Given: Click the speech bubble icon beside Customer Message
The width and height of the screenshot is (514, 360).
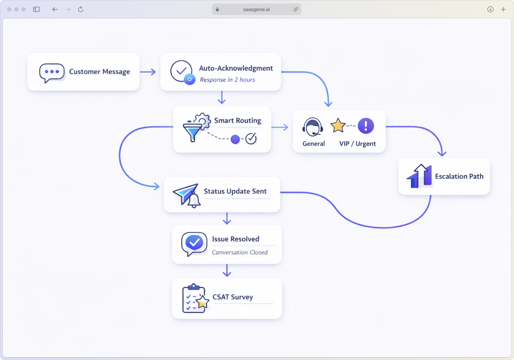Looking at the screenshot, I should click(52, 72).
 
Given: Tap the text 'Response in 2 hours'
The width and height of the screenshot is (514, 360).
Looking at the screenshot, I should click(227, 80).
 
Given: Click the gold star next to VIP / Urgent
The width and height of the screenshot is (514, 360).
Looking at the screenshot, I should click(338, 126).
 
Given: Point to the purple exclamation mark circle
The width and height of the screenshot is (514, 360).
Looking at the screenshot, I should click(366, 126).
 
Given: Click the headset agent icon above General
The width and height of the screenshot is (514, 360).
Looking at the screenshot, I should click(313, 127).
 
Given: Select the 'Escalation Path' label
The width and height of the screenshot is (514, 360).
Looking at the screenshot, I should click(459, 176).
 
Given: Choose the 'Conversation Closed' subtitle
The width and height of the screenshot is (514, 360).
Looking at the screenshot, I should click(240, 252).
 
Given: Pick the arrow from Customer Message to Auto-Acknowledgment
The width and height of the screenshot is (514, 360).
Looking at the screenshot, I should click(148, 72).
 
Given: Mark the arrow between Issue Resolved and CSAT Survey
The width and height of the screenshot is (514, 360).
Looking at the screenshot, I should click(227, 270).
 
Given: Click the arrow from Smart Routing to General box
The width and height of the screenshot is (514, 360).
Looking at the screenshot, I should click(280, 127).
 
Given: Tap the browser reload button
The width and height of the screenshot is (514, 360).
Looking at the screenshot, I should click(81, 9).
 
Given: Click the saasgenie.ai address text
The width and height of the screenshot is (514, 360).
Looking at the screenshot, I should click(256, 10).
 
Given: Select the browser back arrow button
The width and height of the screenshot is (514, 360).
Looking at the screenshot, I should click(55, 9).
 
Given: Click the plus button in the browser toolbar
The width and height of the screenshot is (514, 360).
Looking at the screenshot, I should click(503, 9).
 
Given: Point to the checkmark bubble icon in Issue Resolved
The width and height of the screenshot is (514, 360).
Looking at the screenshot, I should click(194, 243).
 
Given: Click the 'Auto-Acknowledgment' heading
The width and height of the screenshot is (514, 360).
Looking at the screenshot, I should click(236, 68).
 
